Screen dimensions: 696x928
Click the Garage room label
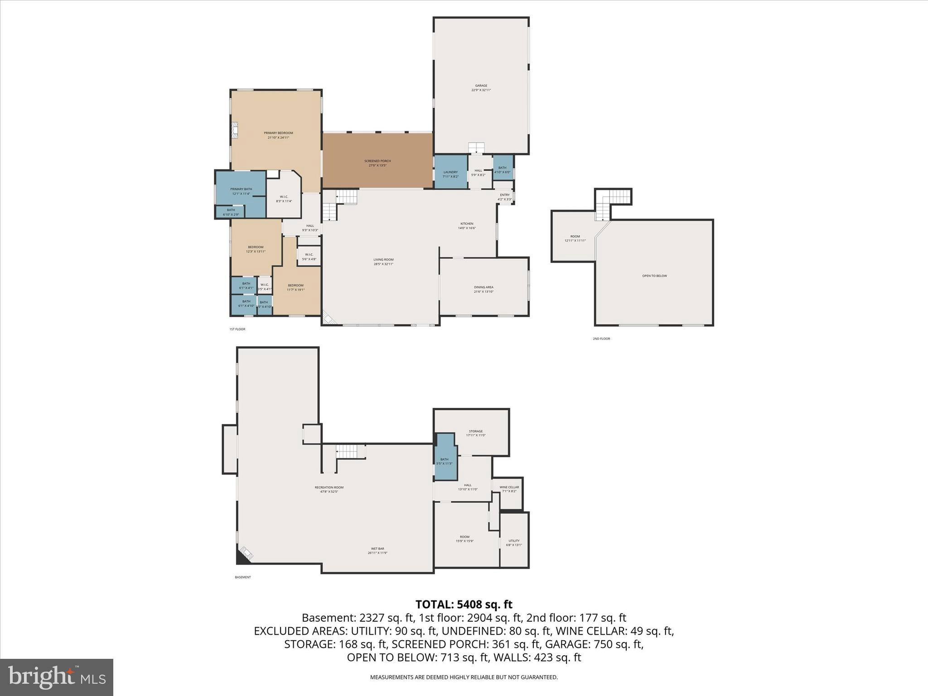pos(481,87)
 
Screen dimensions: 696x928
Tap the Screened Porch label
pos(377,163)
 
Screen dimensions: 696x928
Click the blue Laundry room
pos(450,172)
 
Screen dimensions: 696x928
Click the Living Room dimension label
pos(383,264)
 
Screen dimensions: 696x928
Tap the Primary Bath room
pos(241,190)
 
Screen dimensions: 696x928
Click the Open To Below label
pos(654,276)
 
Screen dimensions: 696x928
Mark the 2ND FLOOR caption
pos(601,338)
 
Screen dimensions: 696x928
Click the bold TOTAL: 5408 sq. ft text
pos(464,604)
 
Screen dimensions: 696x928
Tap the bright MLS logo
pos(56,677)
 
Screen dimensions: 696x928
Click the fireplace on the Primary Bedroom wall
pos(234,130)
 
